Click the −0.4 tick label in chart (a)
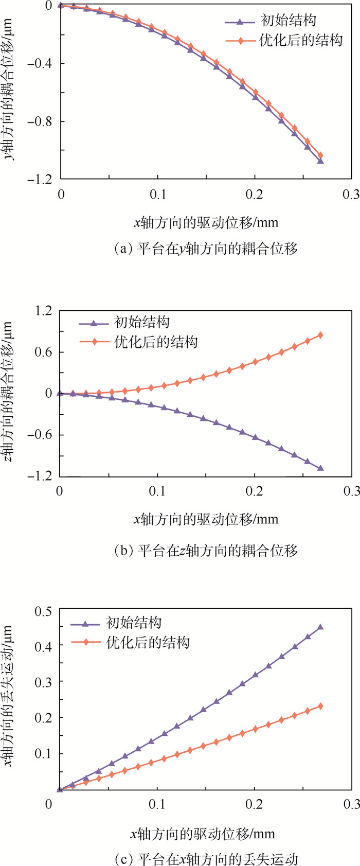(42, 64)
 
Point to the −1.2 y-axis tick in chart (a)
(42, 180)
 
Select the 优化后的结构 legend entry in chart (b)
(155, 342)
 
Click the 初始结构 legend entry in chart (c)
(134, 623)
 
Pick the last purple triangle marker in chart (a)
(320, 161)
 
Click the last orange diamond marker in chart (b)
(320, 335)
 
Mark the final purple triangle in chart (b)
(320, 468)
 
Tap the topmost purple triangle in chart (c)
(320, 627)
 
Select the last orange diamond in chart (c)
(320, 706)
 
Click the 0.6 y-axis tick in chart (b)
(43, 352)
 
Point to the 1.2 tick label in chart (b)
(43, 311)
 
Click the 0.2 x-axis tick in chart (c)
(255, 804)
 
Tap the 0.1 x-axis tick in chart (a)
(158, 195)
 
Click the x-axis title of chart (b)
(206, 519)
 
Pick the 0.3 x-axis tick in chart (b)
(352, 491)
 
